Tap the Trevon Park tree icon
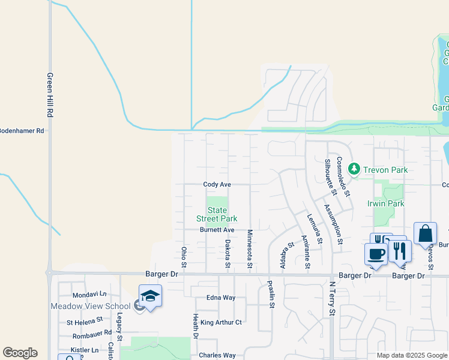(354, 170)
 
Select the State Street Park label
(217, 214)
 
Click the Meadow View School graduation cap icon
(150, 296)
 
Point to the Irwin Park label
(385, 203)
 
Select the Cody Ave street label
(217, 185)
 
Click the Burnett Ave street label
(217, 230)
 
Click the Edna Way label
(221, 298)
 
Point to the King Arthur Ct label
(221, 322)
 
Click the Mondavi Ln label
(89, 295)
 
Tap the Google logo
(20, 353)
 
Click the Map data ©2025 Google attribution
(412, 355)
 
